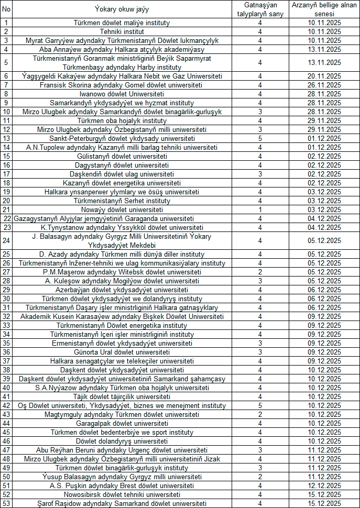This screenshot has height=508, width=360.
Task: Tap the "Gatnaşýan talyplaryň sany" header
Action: [259, 9]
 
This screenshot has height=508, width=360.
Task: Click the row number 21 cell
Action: [6, 209]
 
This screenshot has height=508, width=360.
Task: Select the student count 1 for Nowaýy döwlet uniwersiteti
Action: [259, 209]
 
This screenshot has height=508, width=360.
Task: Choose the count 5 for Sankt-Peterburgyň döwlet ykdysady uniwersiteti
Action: [259, 138]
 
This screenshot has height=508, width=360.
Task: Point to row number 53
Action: [6, 503]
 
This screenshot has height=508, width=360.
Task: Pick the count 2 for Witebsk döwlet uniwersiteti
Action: [259, 272]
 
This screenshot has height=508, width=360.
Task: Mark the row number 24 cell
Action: [6, 240]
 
